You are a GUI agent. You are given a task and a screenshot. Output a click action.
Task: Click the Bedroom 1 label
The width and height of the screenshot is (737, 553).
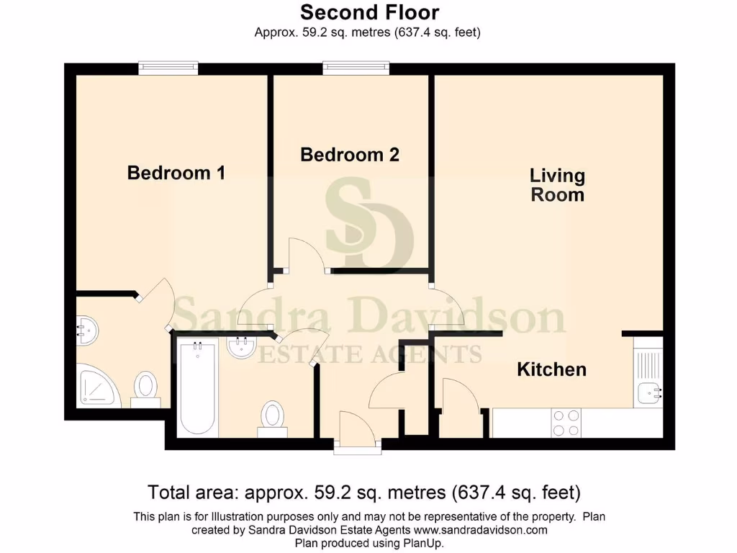click(x=176, y=173)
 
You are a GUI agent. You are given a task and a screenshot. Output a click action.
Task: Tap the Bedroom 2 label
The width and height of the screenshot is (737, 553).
click(x=350, y=155)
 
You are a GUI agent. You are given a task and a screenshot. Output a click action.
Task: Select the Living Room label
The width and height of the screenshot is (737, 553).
click(x=557, y=185)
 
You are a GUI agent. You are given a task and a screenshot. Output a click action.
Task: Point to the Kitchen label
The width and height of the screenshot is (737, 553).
click(x=552, y=369)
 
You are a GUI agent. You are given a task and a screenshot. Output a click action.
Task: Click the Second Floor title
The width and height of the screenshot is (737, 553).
click(x=369, y=12)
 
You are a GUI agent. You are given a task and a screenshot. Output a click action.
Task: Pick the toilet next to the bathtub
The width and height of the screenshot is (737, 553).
click(x=273, y=418)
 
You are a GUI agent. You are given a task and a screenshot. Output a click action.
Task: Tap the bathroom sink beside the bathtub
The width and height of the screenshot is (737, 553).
click(x=242, y=348)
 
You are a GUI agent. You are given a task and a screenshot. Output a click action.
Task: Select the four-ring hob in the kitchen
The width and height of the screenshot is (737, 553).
click(x=566, y=423)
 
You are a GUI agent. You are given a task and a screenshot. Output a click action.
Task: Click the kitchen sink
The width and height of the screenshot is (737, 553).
click(x=648, y=393)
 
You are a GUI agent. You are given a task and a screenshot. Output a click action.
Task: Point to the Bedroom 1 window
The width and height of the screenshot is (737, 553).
click(x=168, y=68)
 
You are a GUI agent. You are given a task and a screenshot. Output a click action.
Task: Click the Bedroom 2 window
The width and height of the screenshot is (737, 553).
click(x=356, y=68)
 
